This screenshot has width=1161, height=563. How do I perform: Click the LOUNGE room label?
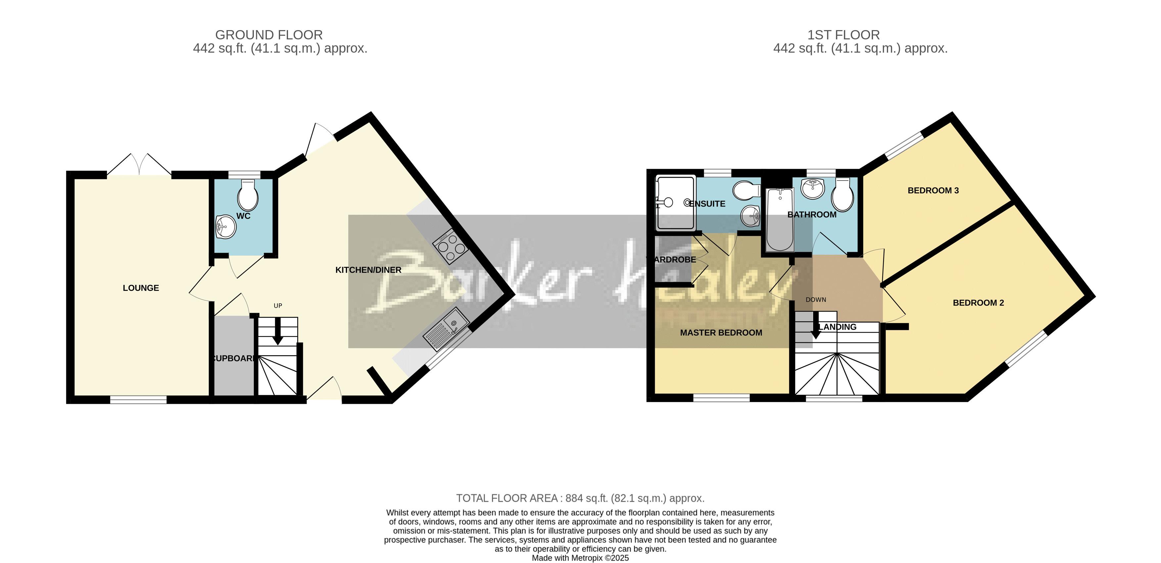pos(141,288)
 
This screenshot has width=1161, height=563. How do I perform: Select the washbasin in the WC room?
pos(226,227)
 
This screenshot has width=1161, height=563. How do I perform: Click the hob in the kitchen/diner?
pos(450,247)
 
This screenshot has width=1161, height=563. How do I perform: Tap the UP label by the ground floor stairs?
pos(278,305)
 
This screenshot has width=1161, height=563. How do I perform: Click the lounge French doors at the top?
pos(139,165)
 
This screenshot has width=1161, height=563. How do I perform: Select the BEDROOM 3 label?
pos(933,191)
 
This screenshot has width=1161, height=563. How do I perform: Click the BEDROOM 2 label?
pos(978,303)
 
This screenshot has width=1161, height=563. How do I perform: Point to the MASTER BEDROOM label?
pos(721,333)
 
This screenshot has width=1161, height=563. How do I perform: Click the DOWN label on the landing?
pos(816,299)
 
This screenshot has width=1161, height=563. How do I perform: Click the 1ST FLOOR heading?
pos(843,35)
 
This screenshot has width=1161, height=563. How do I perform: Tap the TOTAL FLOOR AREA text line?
pos(580,498)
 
